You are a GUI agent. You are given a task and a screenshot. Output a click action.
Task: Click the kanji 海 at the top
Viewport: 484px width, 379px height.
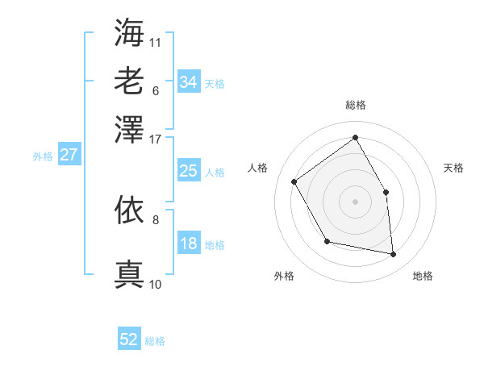(129, 32)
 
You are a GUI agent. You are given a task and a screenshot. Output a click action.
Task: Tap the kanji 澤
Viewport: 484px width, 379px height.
(129, 127)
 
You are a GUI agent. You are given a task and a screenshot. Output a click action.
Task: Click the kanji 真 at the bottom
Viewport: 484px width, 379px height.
(129, 274)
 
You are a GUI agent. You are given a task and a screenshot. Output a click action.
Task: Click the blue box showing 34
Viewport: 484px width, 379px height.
(189, 82)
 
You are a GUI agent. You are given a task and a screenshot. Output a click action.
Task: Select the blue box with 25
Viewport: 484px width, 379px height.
(189, 171)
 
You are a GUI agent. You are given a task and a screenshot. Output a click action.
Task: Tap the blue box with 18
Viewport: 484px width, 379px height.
(189, 244)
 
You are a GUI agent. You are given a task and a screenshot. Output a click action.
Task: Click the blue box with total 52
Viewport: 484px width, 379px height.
(129, 339)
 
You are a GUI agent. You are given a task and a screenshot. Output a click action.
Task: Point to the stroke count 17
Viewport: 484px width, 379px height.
(156, 139)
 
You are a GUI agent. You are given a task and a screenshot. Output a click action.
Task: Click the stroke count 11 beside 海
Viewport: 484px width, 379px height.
(156, 41)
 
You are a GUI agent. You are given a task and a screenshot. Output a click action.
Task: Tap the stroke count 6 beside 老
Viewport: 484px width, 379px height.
(156, 90)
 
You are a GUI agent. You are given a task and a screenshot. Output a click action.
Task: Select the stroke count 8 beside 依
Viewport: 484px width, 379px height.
(156, 219)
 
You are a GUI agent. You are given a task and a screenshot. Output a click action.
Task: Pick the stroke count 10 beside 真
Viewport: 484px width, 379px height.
(156, 284)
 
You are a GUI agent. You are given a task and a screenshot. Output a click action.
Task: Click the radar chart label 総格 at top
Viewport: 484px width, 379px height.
(355, 105)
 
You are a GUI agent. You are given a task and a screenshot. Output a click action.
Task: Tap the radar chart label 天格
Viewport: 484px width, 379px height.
(453, 168)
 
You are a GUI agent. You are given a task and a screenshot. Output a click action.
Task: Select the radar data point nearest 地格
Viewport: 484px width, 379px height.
(394, 255)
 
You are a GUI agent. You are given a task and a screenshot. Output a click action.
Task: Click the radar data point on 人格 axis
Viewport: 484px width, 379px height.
(294, 181)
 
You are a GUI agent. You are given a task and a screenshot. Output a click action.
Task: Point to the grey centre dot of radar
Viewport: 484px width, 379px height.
(355, 201)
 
